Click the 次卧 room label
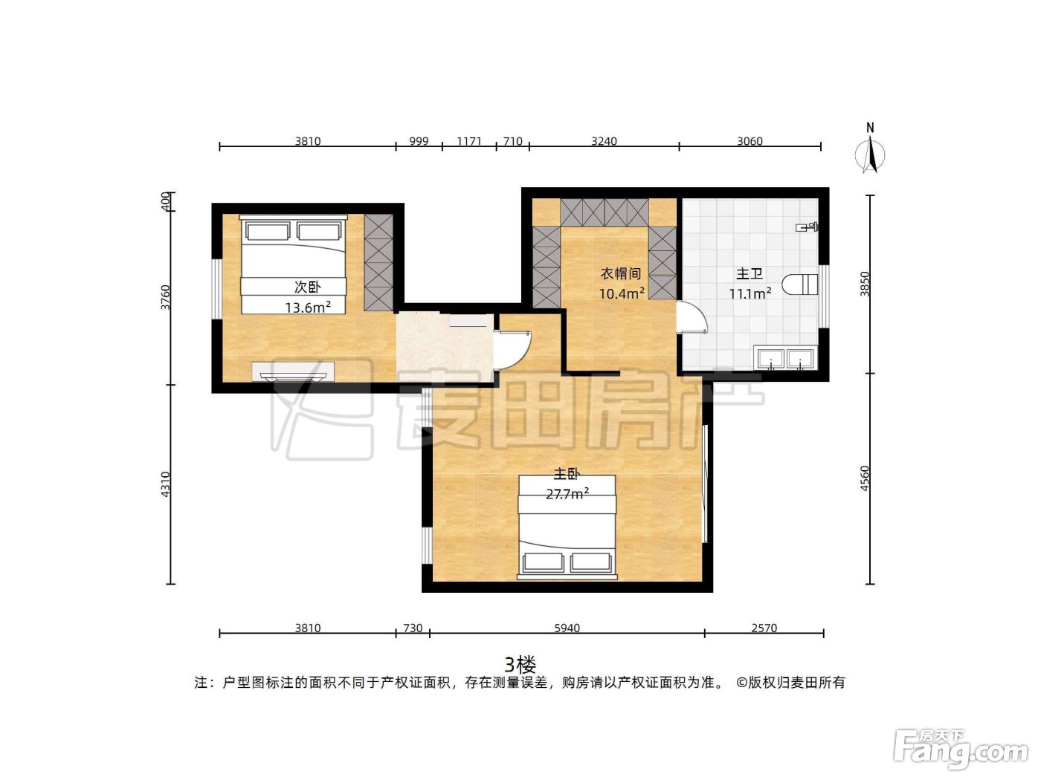(x=307, y=287)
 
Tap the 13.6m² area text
(x=307, y=308)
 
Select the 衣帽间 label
(x=621, y=273)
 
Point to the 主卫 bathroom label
(x=750, y=273)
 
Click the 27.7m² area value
(x=567, y=494)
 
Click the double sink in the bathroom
(x=785, y=357)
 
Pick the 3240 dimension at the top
(x=604, y=141)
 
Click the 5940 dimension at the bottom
(x=567, y=628)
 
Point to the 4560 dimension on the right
(x=865, y=478)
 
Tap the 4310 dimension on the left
(x=165, y=484)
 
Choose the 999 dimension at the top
(x=419, y=141)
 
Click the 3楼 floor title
(x=520, y=665)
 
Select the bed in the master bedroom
(x=567, y=527)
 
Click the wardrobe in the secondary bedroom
(x=378, y=262)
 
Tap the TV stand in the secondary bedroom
(x=294, y=371)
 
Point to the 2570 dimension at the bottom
(x=764, y=628)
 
